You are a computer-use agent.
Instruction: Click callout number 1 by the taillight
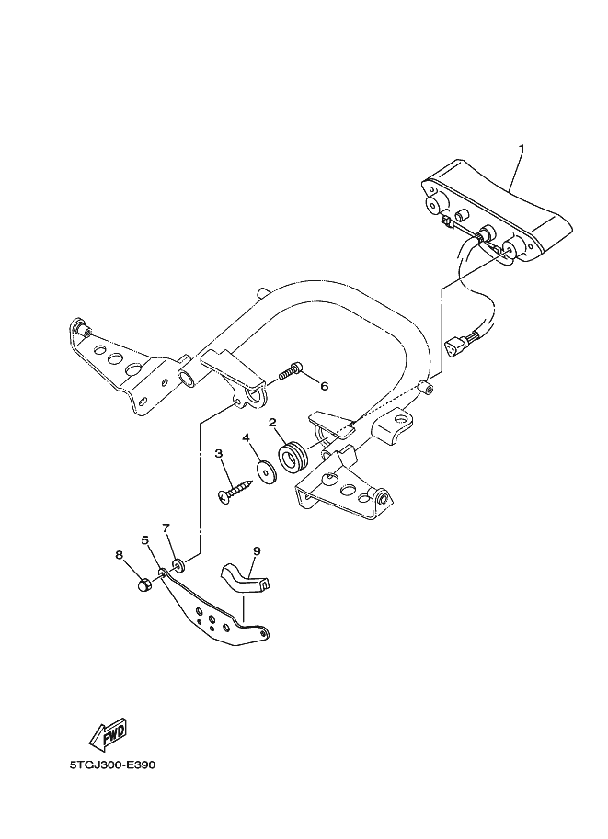pos(521,149)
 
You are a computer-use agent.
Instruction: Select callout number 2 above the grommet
pos(273,423)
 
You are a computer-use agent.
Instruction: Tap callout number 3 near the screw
pos(219,453)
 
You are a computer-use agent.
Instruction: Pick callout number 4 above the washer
pos(247,437)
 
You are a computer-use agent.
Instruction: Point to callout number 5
pos(145,540)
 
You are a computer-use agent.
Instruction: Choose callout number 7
pos(166,528)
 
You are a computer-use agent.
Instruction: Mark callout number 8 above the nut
pos(119,555)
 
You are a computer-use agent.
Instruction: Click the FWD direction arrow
pos(107,734)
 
